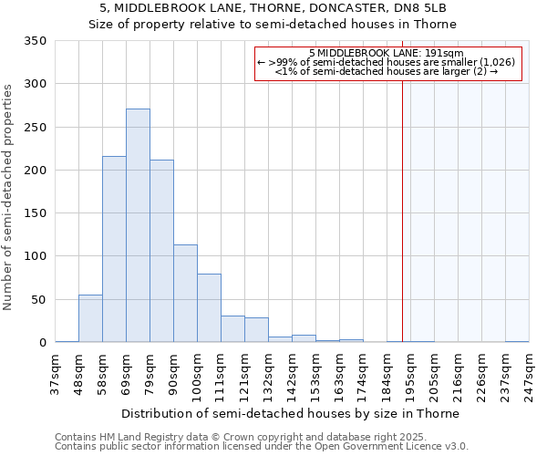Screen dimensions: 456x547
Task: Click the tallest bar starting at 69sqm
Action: coord(138,225)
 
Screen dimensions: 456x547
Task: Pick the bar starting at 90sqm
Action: coord(185,294)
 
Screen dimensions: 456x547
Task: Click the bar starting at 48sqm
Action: coord(90,318)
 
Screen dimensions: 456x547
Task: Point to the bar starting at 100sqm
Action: coord(209,308)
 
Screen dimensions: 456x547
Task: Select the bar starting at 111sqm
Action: coord(232,329)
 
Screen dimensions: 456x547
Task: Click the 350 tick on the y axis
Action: coord(35,41)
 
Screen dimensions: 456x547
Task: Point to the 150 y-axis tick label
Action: coord(35,213)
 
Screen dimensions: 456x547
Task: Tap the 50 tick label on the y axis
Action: coord(38,299)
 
